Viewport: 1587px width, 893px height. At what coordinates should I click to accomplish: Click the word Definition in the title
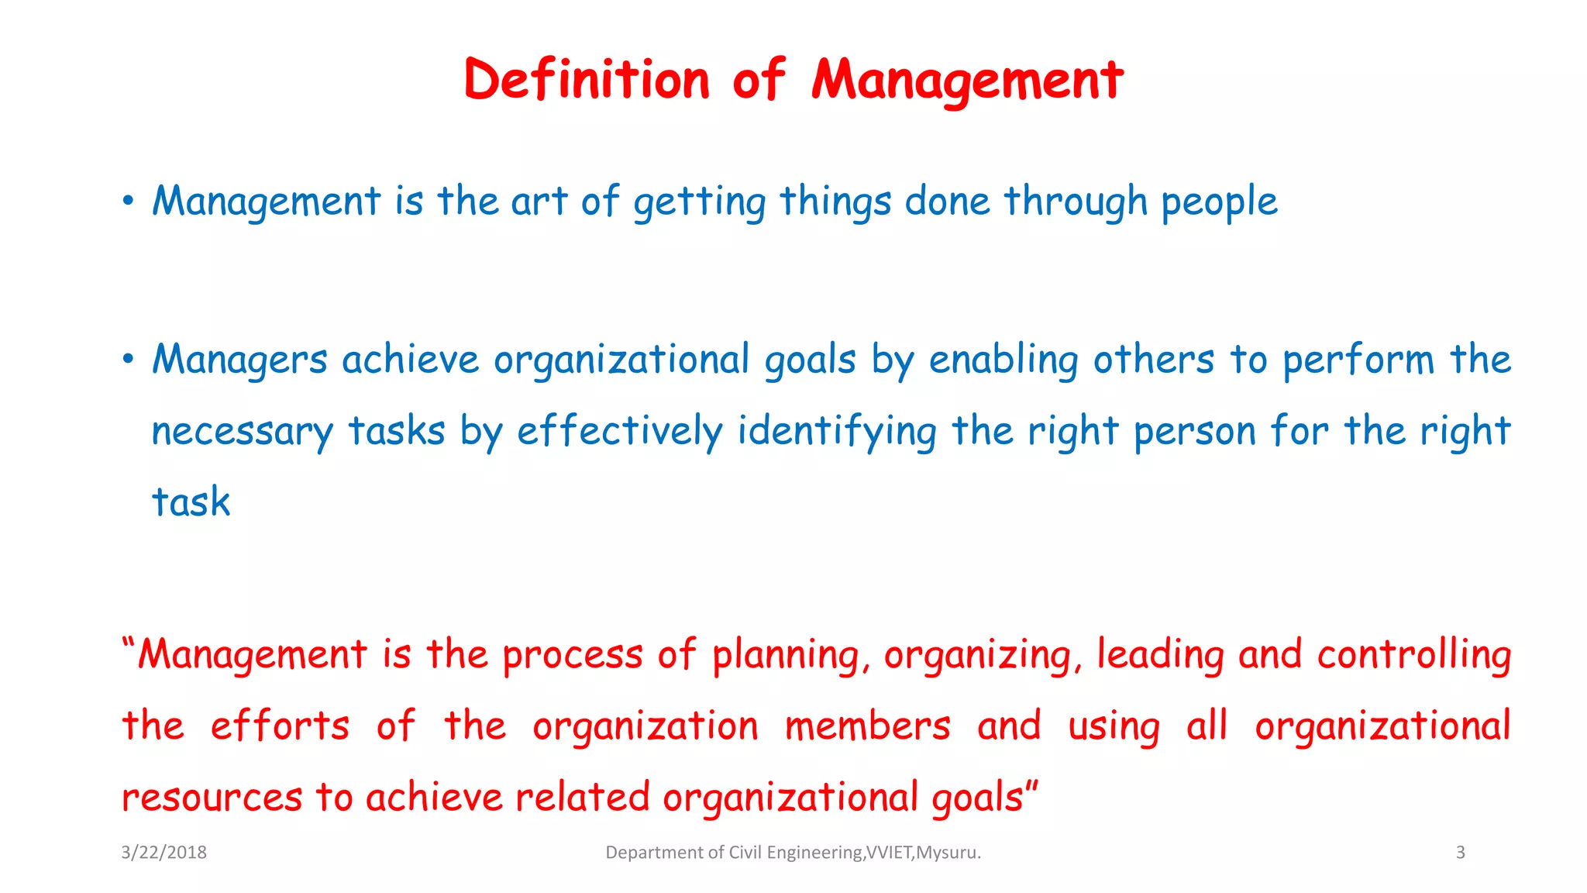point(587,80)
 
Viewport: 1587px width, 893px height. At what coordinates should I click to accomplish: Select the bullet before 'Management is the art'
point(129,202)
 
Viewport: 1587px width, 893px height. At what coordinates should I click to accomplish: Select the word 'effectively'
point(619,432)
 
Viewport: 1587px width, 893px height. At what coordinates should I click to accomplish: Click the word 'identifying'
point(836,432)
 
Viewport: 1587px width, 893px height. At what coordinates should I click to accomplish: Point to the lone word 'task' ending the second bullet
point(191,502)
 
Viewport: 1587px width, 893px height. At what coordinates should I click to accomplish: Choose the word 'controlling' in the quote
point(1413,656)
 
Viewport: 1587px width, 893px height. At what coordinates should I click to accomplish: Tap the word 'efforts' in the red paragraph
point(280,726)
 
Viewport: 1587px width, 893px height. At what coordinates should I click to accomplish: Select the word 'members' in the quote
point(867,726)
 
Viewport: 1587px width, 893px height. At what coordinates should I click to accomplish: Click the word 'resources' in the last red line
point(212,798)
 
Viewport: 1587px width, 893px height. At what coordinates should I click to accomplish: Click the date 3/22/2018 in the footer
point(164,853)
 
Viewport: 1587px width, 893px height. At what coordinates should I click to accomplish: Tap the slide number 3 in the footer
point(1460,853)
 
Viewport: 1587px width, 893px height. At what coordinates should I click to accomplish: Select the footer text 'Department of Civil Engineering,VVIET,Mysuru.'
point(793,853)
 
